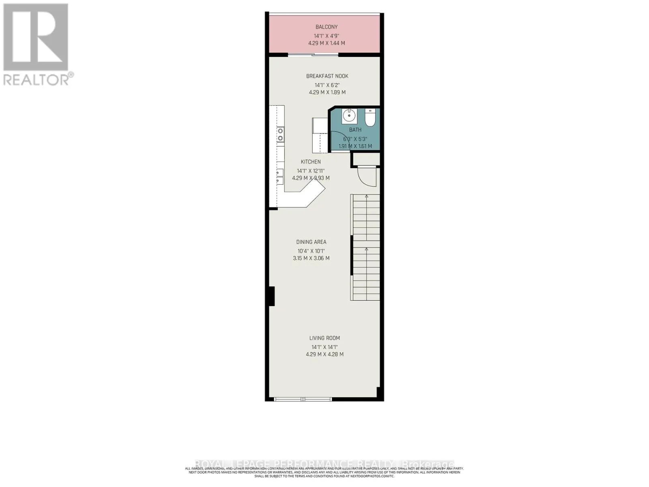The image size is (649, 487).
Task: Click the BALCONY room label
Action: [327, 27]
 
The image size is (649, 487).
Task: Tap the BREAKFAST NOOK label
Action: [327, 76]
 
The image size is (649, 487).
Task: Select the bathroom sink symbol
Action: [349, 116]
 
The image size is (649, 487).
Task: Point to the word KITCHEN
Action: [311, 162]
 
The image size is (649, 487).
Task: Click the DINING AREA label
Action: [311, 242]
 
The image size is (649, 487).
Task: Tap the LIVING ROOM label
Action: [324, 338]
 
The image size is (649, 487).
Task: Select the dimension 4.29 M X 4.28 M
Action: [324, 354]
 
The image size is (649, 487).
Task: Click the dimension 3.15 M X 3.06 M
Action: [311, 258]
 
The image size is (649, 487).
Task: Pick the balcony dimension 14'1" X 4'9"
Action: [327, 36]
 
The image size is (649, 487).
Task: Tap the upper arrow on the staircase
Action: [366, 197]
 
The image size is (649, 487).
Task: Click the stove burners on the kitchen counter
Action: [280, 134]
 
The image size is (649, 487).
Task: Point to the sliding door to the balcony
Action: [313, 54]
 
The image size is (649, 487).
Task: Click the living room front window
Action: [303, 399]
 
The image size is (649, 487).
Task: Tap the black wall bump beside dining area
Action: [271, 296]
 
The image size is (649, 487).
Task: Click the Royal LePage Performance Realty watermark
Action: [324, 464]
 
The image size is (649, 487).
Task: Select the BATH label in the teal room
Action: [355, 130]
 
